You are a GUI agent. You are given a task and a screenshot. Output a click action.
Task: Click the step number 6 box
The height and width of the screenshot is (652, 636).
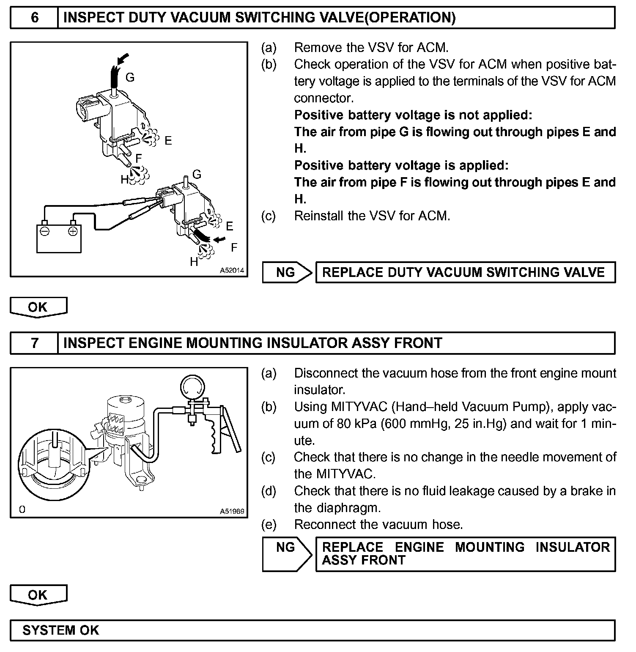[x=34, y=18]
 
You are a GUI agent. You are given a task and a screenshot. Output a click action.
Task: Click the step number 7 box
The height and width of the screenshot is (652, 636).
[x=34, y=343]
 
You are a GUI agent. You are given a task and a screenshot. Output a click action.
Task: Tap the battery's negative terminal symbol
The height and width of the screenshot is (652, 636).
[x=44, y=231]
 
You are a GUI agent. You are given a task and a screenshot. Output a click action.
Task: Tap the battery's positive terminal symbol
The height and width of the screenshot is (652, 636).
[x=73, y=231]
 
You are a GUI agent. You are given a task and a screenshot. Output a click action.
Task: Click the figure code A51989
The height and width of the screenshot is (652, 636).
[x=232, y=511]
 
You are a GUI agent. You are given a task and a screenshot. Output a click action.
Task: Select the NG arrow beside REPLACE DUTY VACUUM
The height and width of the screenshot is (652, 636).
[x=286, y=272]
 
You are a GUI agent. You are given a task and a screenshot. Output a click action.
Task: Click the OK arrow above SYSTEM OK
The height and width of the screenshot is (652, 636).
[x=38, y=595]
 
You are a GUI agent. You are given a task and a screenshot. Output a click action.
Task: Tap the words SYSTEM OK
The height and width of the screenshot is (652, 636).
[x=60, y=630]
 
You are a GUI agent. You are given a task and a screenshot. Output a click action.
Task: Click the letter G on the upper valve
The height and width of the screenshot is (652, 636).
[x=130, y=77]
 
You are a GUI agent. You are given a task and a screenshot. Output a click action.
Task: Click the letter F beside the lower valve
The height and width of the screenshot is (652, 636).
[x=234, y=247]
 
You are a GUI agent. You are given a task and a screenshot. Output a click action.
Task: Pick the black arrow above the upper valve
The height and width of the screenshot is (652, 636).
[x=123, y=60]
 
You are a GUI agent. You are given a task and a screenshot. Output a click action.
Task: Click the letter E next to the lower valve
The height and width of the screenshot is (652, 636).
[x=230, y=226]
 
